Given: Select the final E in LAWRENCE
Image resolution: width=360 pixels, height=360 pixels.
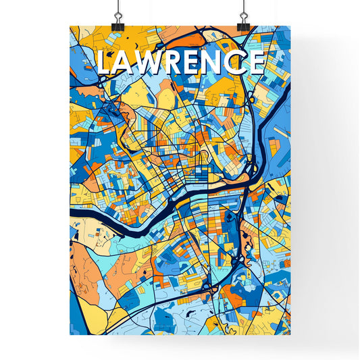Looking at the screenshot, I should [256, 63].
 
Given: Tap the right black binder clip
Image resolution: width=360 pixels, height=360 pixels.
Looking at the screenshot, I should [242, 22].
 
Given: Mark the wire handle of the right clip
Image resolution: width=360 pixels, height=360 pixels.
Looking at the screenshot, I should [242, 9].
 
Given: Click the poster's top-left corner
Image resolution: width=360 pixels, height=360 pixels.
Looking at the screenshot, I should [70, 26].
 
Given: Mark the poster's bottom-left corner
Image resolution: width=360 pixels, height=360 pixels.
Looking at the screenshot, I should [70, 335].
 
